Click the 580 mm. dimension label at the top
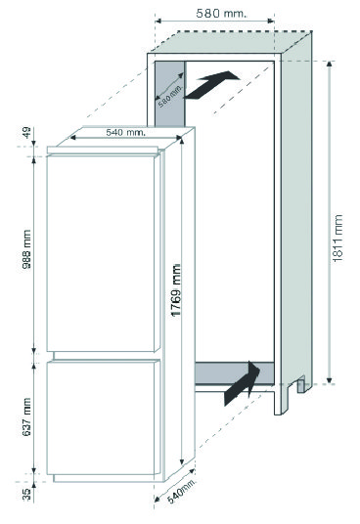[x=221, y=14]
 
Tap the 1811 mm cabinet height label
[x=337, y=239]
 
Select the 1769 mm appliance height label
[x=176, y=290]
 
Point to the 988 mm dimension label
[x=26, y=249]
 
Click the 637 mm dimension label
[x=26, y=416]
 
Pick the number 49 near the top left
[x=26, y=132]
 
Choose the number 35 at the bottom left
[x=26, y=495]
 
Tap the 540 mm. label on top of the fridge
[x=125, y=132]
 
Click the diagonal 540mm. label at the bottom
[x=181, y=491]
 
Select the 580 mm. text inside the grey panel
[x=171, y=97]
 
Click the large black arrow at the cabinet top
[x=211, y=85]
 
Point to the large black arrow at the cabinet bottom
[x=242, y=384]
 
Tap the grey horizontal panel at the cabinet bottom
[x=235, y=373]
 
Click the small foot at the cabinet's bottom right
[x=301, y=384]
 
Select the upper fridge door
[x=104, y=253]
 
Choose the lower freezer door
[x=104, y=417]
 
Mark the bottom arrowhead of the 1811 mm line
[x=330, y=380]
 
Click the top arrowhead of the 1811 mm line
[x=330, y=64]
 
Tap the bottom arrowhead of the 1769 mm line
[x=182, y=462]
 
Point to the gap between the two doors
[x=104, y=356]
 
